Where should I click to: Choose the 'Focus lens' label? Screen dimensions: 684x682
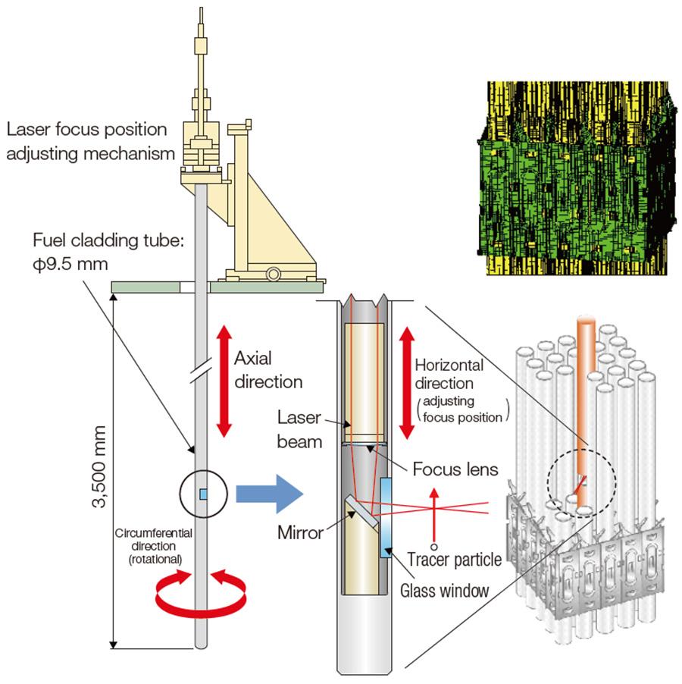(455, 469)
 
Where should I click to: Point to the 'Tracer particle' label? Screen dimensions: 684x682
(454, 560)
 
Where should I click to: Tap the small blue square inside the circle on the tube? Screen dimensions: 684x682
(202, 494)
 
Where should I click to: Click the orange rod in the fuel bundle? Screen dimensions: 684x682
(585, 394)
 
